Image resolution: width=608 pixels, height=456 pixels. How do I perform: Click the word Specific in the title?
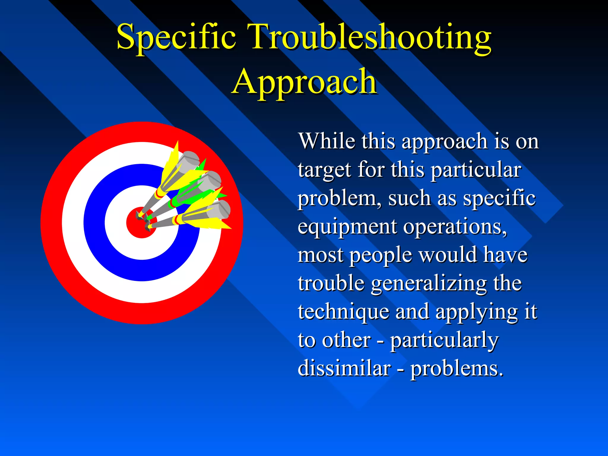pyautogui.click(x=176, y=37)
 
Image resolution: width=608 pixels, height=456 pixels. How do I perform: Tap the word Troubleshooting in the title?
pyautogui.click(x=369, y=37)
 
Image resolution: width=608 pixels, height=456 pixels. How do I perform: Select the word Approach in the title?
pyautogui.click(x=304, y=82)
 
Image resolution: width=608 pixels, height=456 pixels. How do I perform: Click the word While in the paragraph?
pyautogui.click(x=327, y=141)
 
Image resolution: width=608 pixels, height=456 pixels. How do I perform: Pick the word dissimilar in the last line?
pyautogui.click(x=344, y=368)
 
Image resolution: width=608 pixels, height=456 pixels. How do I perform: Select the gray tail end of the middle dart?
pyautogui.click(x=211, y=180)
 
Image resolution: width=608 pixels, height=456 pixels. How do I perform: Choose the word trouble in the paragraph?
pyautogui.click(x=331, y=284)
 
